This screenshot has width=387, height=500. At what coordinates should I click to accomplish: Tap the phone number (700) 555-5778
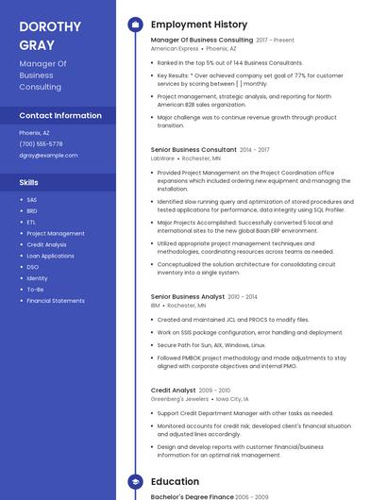(41, 144)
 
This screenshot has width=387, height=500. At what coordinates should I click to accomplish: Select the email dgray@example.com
(48, 155)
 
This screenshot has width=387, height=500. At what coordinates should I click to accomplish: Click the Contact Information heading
(60, 115)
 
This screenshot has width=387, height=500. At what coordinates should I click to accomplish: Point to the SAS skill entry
(31, 200)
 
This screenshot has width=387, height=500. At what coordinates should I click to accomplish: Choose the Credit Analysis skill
(46, 244)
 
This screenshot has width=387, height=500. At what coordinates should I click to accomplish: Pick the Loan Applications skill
(50, 256)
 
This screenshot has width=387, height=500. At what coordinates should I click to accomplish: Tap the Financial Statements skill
(55, 301)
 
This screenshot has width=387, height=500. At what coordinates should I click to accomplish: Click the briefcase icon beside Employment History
(135, 25)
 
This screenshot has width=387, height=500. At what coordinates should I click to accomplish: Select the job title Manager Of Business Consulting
(201, 41)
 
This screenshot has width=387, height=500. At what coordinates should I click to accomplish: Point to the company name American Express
(175, 48)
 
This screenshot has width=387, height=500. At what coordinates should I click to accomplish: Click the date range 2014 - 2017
(254, 150)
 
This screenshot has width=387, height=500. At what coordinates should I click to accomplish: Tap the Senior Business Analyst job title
(187, 297)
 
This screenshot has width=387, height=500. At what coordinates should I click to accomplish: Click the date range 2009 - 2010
(214, 391)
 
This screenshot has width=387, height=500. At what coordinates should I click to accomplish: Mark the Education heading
(175, 482)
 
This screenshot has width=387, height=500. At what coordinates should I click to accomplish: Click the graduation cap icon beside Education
(135, 482)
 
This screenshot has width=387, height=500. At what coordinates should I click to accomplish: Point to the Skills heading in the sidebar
(29, 182)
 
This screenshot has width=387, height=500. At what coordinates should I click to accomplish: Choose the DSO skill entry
(32, 267)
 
